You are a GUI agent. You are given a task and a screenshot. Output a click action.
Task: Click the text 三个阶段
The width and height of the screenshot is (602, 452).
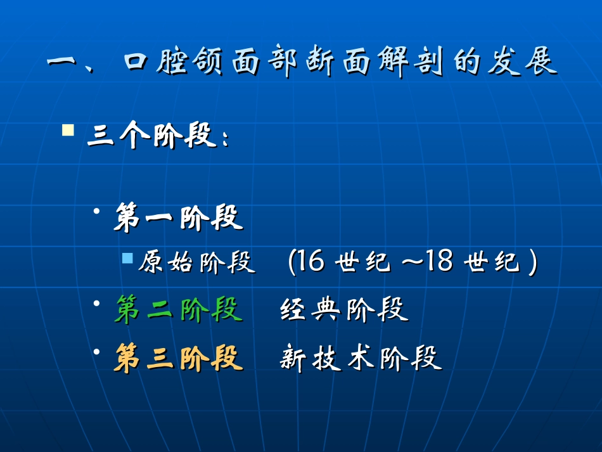click(x=152, y=136)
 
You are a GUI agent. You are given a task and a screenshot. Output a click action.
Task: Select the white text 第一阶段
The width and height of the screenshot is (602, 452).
click(x=179, y=218)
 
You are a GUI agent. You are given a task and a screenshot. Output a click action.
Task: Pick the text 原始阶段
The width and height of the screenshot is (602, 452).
click(x=197, y=262)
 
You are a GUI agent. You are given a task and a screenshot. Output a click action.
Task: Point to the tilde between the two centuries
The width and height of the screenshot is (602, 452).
click(x=412, y=262)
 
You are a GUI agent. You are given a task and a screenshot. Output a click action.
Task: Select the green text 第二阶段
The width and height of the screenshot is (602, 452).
click(x=179, y=310)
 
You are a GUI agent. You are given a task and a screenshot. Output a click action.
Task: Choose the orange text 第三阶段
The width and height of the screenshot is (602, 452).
click(x=179, y=358)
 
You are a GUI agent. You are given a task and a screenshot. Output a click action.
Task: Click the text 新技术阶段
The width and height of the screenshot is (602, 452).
click(x=361, y=359)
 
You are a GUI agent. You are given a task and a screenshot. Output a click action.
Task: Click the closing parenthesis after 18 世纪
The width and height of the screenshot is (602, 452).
click(x=533, y=262)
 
